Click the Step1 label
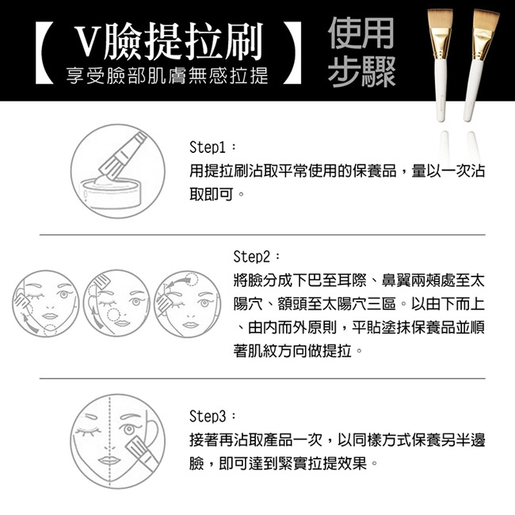[x=208, y=147]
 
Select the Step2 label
[x=252, y=257]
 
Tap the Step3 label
[x=208, y=416]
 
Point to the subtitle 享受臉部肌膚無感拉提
[x=167, y=75]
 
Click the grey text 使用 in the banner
[x=361, y=32]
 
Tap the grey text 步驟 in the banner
[x=361, y=71]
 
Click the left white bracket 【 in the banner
[x=44, y=52]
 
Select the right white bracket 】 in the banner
[x=292, y=52]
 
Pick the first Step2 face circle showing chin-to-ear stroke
[x=46, y=303]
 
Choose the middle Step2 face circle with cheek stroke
[x=117, y=303]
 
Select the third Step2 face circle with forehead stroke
[x=188, y=303]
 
